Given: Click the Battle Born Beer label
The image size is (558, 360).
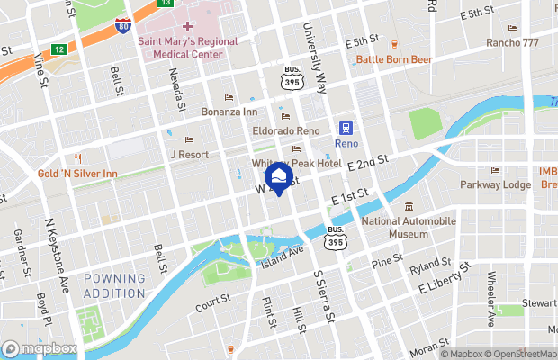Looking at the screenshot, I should tap(394, 59).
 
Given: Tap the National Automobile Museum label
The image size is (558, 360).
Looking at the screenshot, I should tap(409, 227).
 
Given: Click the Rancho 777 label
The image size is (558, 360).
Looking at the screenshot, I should tap(512, 43).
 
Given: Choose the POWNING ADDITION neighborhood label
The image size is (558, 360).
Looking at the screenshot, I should tap(114, 285).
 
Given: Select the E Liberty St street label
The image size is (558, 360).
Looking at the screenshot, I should tap(445, 278).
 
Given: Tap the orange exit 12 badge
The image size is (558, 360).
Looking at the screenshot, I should tap(58, 49).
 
